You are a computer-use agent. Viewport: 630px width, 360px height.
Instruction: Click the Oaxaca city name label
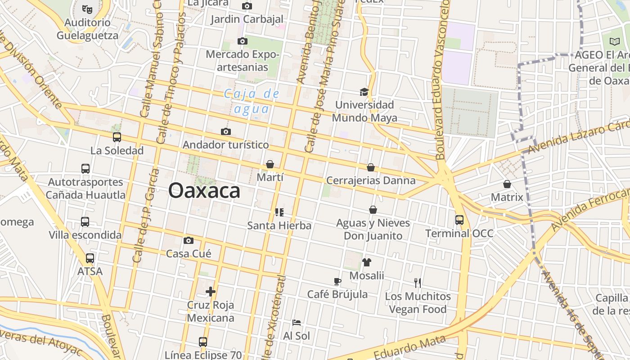(x=204, y=191)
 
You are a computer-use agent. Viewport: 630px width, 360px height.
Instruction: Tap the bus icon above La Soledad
(x=117, y=137)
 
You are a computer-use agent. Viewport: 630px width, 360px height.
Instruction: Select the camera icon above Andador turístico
(x=226, y=131)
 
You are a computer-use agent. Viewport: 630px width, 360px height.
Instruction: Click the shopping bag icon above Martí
(x=270, y=164)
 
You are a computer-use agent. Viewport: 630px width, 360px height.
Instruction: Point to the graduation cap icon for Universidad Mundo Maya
(x=364, y=92)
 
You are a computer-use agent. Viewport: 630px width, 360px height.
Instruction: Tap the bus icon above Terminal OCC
(x=459, y=220)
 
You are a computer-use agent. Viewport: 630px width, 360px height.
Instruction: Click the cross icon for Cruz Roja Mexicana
(x=211, y=292)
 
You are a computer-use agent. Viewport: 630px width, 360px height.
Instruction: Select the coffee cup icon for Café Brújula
(x=337, y=282)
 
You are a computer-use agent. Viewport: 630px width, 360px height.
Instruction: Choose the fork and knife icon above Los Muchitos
(x=418, y=283)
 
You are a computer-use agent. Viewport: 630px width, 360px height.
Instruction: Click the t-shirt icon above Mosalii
(x=367, y=262)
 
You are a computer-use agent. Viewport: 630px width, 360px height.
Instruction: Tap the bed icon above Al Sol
(x=297, y=323)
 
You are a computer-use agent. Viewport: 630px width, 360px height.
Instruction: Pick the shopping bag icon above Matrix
(x=507, y=184)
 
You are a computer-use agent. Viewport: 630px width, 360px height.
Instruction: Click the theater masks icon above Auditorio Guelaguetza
(x=87, y=8)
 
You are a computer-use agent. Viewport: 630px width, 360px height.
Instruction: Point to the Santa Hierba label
(x=279, y=225)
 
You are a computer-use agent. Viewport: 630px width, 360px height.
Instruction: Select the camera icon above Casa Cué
(x=189, y=241)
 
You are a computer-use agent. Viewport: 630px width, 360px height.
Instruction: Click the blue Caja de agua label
(x=252, y=101)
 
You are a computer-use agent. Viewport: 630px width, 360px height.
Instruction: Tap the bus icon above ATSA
(x=90, y=258)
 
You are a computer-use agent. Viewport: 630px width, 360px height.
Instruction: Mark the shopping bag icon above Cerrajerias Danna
(x=371, y=167)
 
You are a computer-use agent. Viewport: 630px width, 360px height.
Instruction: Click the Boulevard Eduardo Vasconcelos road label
(x=442, y=81)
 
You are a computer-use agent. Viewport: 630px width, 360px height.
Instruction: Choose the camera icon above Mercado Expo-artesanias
(x=243, y=41)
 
